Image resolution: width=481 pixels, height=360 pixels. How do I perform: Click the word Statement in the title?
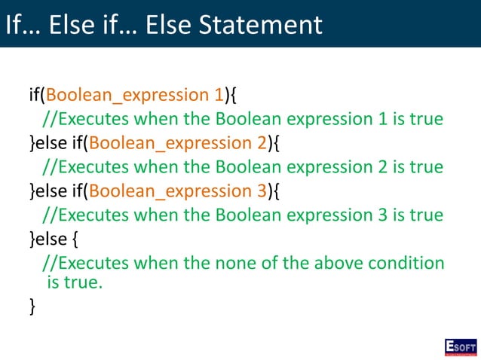pos(268,24)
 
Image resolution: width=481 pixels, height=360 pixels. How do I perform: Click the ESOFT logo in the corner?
pos(460,347)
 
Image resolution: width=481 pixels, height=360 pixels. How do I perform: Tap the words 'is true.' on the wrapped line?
pos(74,283)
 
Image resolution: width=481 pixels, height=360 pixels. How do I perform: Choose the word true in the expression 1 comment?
pos(423,119)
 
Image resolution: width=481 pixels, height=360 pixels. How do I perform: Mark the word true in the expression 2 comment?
pos(423,167)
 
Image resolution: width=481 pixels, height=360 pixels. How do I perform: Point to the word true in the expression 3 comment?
pos(423,215)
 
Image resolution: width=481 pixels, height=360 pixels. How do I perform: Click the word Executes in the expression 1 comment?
pos(93,119)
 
